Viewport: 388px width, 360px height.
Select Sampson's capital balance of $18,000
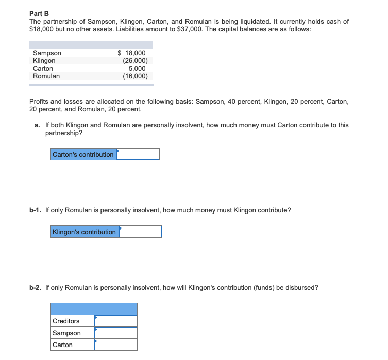coord(132,53)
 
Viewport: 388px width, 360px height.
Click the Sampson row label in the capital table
coord(47,53)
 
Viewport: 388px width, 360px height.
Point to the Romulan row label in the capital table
coord(46,76)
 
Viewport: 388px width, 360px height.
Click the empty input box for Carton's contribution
coord(138,154)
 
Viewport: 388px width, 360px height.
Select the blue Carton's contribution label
coord(83,154)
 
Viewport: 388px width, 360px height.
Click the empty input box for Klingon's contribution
coord(140,232)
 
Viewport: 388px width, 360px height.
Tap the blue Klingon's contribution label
coord(85,232)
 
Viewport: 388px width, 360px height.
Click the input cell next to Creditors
coord(115,321)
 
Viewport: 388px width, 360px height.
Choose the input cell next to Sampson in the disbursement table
coord(115,333)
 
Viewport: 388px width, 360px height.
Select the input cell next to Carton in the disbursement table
coord(115,345)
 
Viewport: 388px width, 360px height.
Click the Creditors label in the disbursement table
coord(66,321)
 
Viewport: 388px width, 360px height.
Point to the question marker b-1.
coord(35,210)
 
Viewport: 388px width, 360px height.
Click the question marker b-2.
coord(35,288)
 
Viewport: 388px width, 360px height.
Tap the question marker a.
coord(38,125)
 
